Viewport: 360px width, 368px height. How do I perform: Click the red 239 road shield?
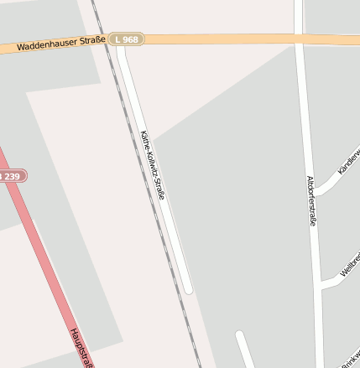pyautogui.click(x=12, y=176)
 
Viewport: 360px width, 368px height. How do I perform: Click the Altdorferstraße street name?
pyautogui.click(x=310, y=200)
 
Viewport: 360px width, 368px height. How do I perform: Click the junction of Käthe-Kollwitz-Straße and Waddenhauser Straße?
pyautogui.click(x=121, y=40)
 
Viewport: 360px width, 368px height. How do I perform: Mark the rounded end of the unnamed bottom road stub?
pyautogui.click(x=239, y=336)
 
